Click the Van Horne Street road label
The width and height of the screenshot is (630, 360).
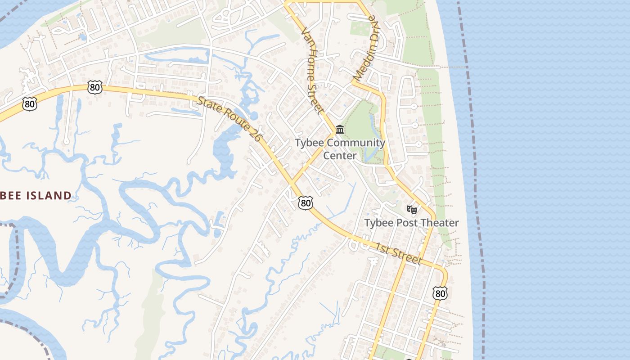(312, 70)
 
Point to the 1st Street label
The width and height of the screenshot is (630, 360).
(399, 254)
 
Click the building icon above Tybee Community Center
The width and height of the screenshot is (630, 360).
(340, 130)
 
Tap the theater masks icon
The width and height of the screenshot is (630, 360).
(411, 209)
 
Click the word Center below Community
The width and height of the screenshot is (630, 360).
(340, 156)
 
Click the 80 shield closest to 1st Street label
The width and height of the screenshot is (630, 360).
(440, 293)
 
